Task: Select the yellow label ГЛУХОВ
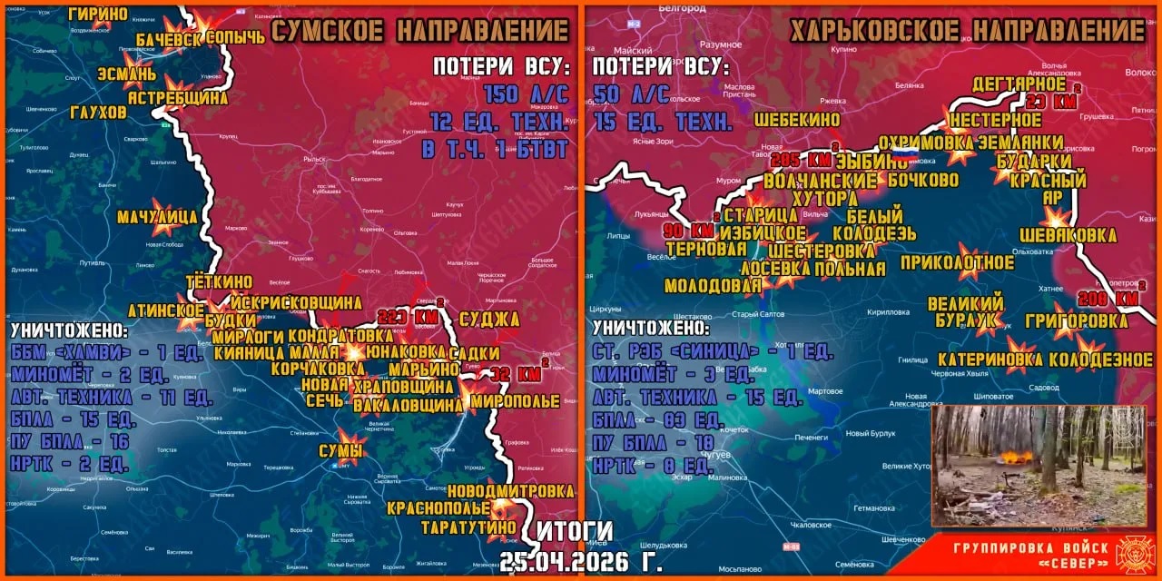pyautogui.click(x=98, y=113)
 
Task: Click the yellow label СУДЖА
pyautogui.click(x=489, y=319)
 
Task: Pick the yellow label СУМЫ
pyautogui.click(x=340, y=451)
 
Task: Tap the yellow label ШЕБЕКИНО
pyautogui.click(x=796, y=120)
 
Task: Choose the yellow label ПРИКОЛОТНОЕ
pyautogui.click(x=957, y=263)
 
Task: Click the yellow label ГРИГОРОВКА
pyautogui.click(x=1076, y=320)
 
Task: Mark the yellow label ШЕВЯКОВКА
pyautogui.click(x=1068, y=235)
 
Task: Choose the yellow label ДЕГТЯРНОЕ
pyautogui.click(x=1019, y=84)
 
